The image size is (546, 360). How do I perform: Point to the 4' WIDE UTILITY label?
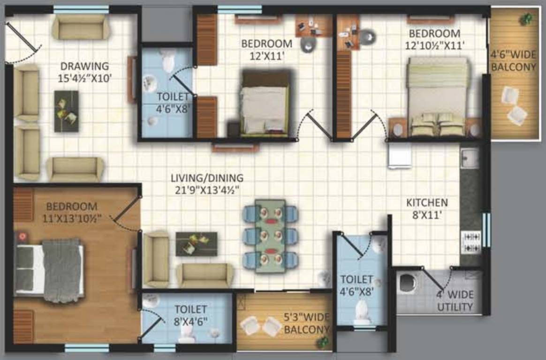pos(455,301)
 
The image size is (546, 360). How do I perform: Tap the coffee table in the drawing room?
pos(66,111)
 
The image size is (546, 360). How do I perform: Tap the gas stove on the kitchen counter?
pos(470,242)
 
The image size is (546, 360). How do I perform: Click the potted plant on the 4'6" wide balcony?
pos(526,19)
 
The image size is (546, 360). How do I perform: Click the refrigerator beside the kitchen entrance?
pos(400,155)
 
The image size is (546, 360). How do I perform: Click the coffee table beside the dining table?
pos(196,244)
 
